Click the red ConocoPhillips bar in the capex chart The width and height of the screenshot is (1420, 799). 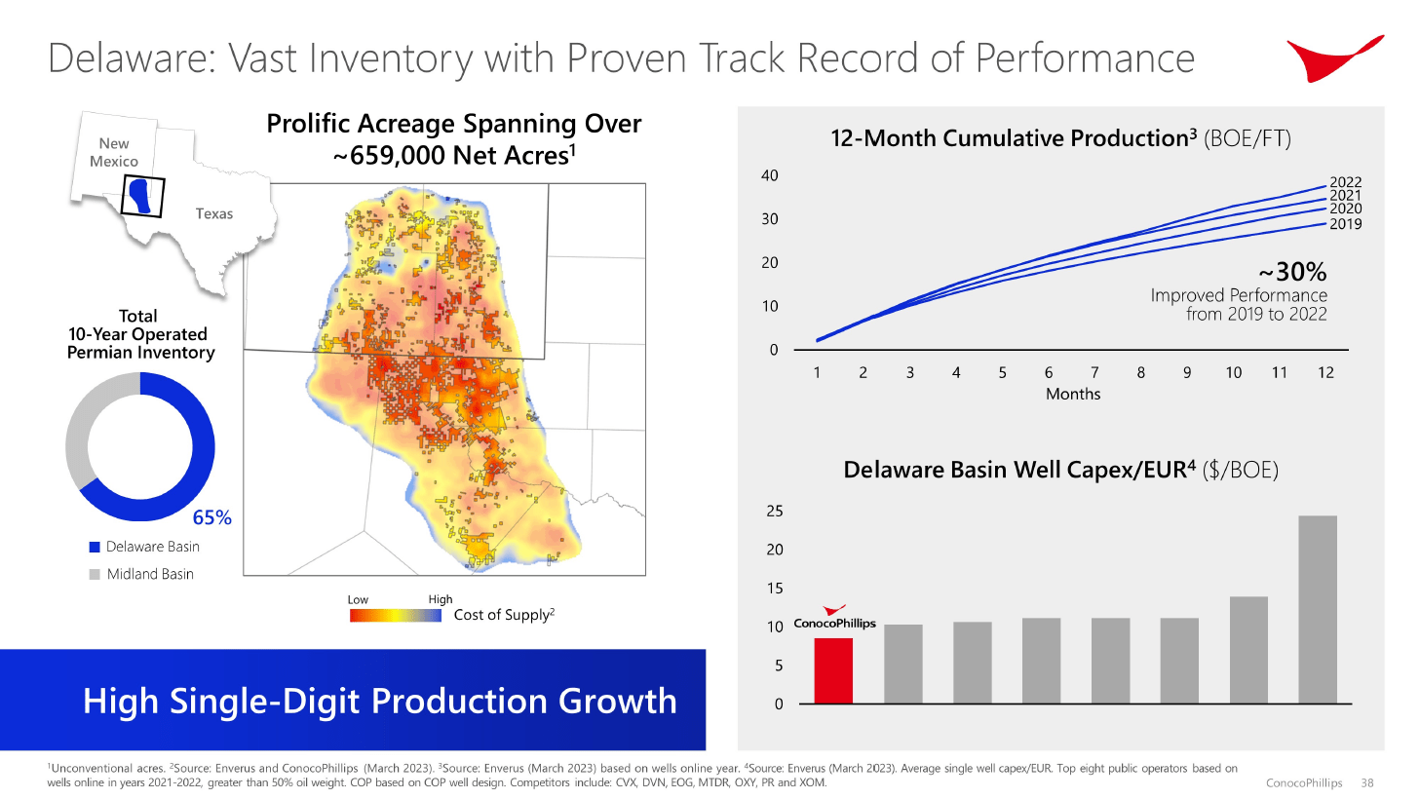(832, 670)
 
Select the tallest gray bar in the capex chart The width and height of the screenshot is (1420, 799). (1317, 609)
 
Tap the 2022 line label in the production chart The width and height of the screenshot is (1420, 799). (1345, 182)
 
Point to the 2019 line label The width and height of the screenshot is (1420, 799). (1345, 224)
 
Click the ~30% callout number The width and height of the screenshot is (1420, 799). (1292, 272)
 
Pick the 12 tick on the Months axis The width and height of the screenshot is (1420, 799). (1325, 372)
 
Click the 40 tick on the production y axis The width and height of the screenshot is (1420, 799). (770, 175)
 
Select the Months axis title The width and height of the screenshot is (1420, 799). (1072, 394)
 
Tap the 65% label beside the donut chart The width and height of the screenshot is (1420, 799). (211, 517)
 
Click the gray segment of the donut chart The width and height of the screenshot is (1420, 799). (87, 424)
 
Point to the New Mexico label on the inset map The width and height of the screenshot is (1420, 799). (114, 152)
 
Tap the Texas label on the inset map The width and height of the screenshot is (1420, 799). (213, 213)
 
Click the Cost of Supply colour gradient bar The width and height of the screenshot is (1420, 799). (395, 615)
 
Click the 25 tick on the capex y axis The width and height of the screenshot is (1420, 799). (775, 511)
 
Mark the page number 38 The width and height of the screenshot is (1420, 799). (1366, 782)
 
